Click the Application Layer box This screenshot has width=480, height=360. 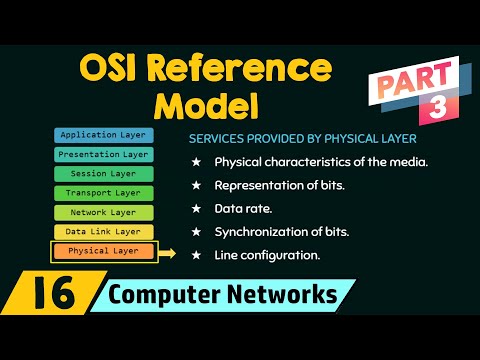(x=103, y=135)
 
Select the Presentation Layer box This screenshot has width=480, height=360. (x=103, y=154)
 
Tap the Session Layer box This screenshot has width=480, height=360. (x=103, y=173)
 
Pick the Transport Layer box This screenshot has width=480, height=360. (x=103, y=192)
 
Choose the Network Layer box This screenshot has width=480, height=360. (x=103, y=212)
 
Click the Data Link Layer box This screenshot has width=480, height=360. (x=103, y=231)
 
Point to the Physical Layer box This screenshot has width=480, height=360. (x=103, y=251)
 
